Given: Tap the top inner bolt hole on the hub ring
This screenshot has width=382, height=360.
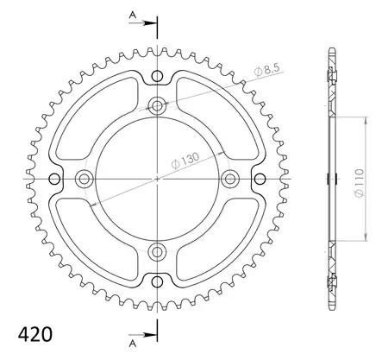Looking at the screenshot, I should coord(157,105).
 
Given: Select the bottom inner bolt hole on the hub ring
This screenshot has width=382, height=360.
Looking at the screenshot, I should coord(157,251).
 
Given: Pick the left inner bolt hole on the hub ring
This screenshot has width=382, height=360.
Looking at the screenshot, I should coord(84,178).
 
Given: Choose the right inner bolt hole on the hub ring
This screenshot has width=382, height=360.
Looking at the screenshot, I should coord(229,178).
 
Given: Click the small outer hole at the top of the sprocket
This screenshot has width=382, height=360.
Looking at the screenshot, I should coord(157,76).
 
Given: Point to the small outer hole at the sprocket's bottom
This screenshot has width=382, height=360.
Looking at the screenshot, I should coord(157,281).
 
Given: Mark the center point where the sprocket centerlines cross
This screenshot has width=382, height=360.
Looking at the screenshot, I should coord(157,178).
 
